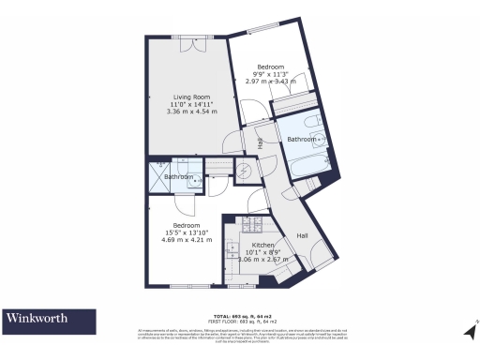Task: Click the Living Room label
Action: (x=191, y=94)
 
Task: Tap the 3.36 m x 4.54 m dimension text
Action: (x=191, y=112)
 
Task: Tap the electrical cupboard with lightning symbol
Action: (x=244, y=171)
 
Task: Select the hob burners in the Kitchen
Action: (x=250, y=225)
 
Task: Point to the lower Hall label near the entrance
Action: (x=303, y=234)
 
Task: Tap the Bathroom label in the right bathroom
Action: (x=301, y=140)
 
